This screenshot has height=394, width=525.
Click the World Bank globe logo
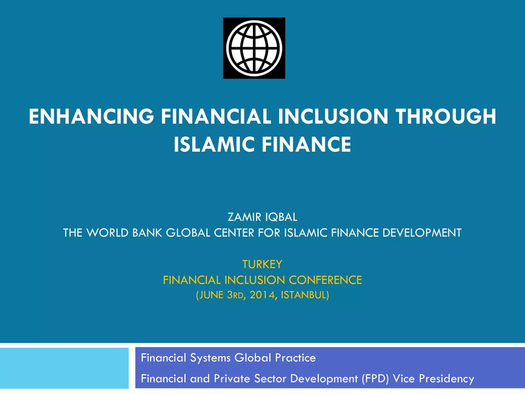pos(254,48)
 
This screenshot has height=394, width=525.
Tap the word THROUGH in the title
pos(446,116)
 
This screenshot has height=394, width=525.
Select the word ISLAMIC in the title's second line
pos(214,144)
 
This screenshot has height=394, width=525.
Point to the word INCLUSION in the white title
pos(333,116)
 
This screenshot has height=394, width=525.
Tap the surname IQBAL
pos(281,217)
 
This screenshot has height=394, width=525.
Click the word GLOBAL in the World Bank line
pos(188,233)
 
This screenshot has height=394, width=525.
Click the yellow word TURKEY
pos(262,264)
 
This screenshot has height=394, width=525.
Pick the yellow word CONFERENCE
pos(325,280)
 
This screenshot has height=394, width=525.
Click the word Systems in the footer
pos(210,358)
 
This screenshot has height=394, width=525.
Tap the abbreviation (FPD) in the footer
pos(375,379)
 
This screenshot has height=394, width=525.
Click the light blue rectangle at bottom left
pos(64,368)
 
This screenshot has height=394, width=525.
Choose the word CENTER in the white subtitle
pos(234,233)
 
